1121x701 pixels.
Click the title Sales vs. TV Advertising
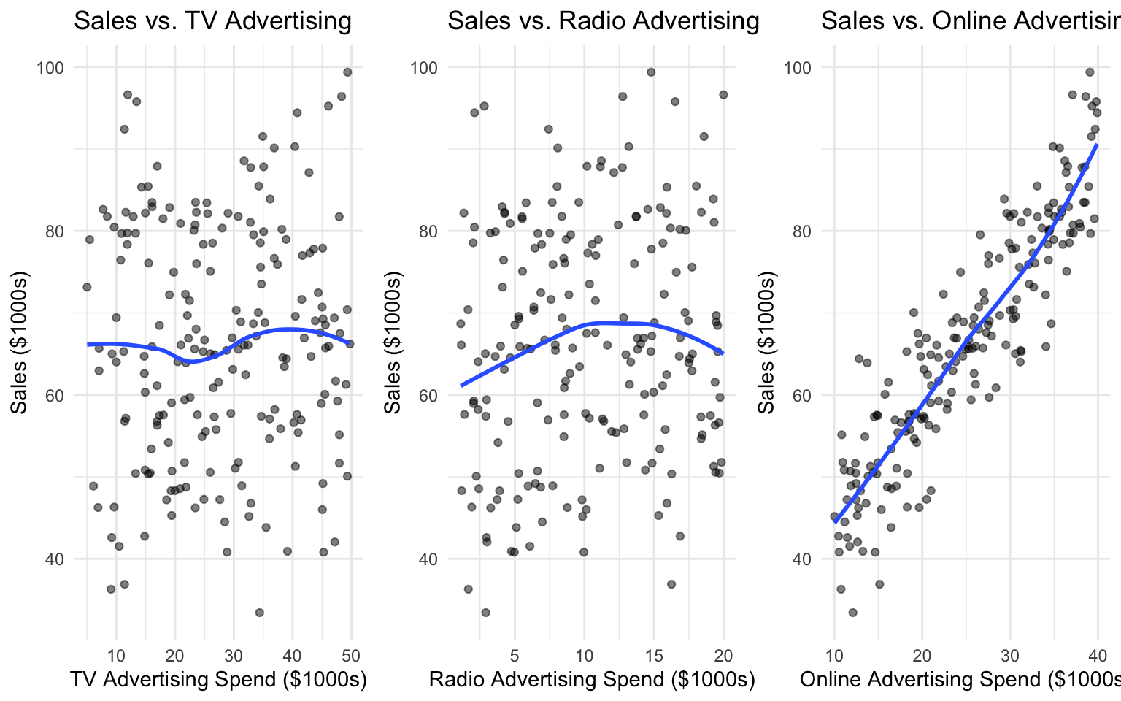coord(212,20)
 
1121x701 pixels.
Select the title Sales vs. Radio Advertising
coord(604,20)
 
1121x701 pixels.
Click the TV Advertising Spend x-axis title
coord(218,679)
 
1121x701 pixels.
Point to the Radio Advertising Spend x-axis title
coord(592,679)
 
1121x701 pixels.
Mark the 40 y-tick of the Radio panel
coord(428,559)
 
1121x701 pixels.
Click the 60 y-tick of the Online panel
coord(802,395)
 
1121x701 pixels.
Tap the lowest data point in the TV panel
coord(259,613)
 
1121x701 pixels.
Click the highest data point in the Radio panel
coord(651,72)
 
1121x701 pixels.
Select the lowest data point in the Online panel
coord(852,613)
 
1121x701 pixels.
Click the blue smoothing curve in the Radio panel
coord(606,322)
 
